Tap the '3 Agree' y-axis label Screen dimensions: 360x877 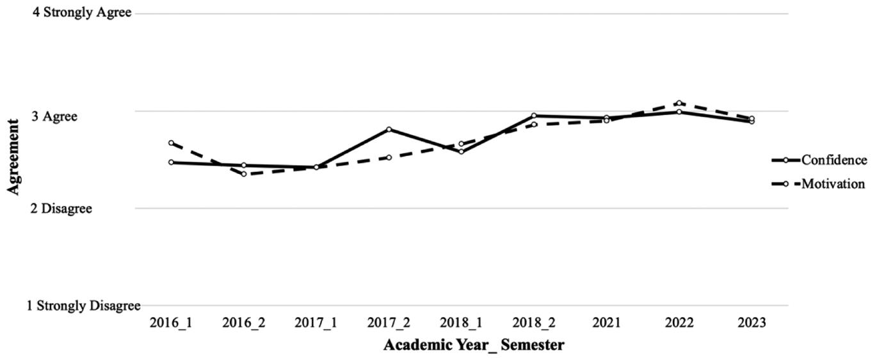60,116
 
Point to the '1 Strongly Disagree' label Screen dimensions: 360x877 84,306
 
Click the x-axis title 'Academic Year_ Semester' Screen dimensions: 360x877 474,346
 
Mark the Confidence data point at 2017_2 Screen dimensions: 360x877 389,129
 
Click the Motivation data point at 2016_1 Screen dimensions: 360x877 171,143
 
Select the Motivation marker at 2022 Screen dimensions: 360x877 679,103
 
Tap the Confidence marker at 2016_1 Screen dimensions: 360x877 171,162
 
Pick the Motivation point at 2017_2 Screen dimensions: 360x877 389,157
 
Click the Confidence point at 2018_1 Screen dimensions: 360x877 461,152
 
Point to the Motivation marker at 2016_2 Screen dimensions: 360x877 244,174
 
